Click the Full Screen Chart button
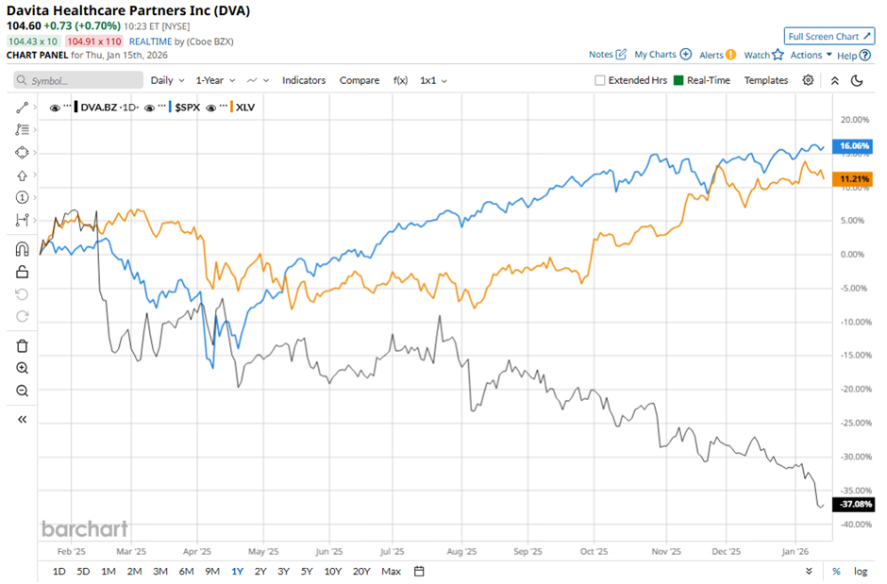pyautogui.click(x=829, y=37)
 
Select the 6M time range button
pyautogui.click(x=186, y=571)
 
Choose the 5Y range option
pyautogui.click(x=307, y=571)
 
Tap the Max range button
pyautogui.click(x=391, y=571)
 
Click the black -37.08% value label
pyautogui.click(x=852, y=505)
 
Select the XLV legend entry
pyautogui.click(x=247, y=108)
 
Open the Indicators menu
pyautogui.click(x=304, y=80)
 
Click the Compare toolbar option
pyautogui.click(x=360, y=80)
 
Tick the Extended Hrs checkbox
pyautogui.click(x=600, y=80)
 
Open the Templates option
pyautogui.click(x=765, y=80)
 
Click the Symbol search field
pyautogui.click(x=75, y=81)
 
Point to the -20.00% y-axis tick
pyautogui.click(x=852, y=389)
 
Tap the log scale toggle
pyautogui.click(x=861, y=571)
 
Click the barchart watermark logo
pyautogui.click(x=84, y=528)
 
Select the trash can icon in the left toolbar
pyautogui.click(x=23, y=345)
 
